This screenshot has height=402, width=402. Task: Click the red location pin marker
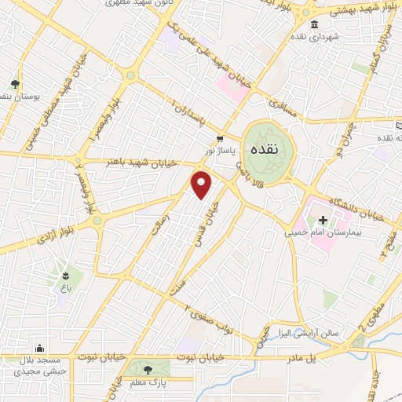(x=202, y=185)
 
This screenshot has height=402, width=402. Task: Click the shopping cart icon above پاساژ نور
(x=208, y=138)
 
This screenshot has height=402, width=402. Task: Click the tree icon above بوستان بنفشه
(x=14, y=84)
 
